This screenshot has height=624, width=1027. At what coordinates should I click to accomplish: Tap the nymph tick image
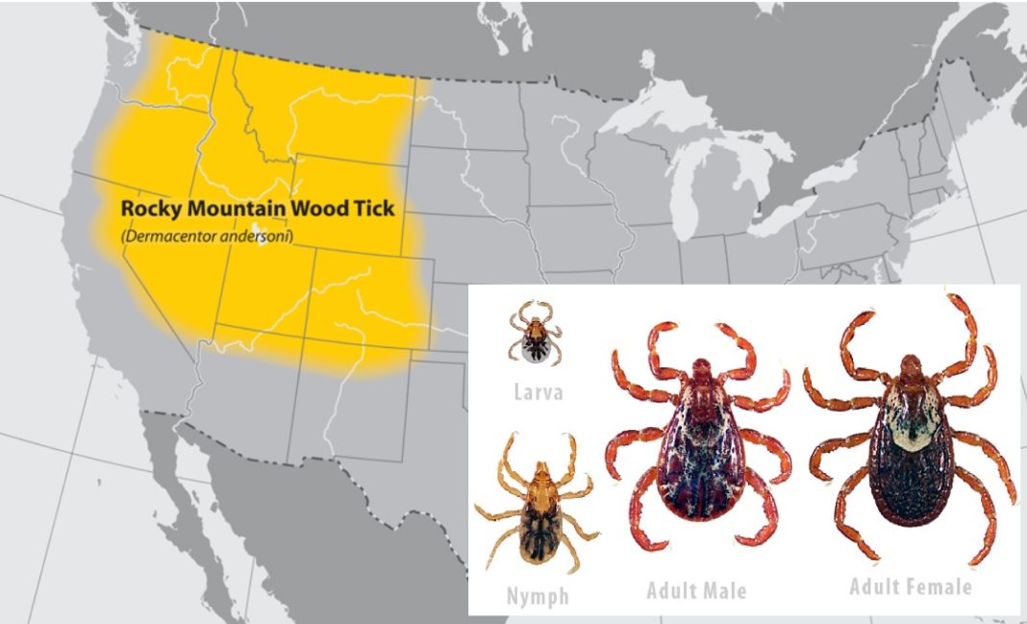[x=536, y=504]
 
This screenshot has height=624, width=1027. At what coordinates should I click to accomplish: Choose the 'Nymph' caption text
[x=538, y=596]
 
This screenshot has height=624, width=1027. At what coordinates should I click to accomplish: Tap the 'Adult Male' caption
[x=696, y=589]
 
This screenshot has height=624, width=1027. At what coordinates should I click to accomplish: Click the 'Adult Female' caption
[x=910, y=586]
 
